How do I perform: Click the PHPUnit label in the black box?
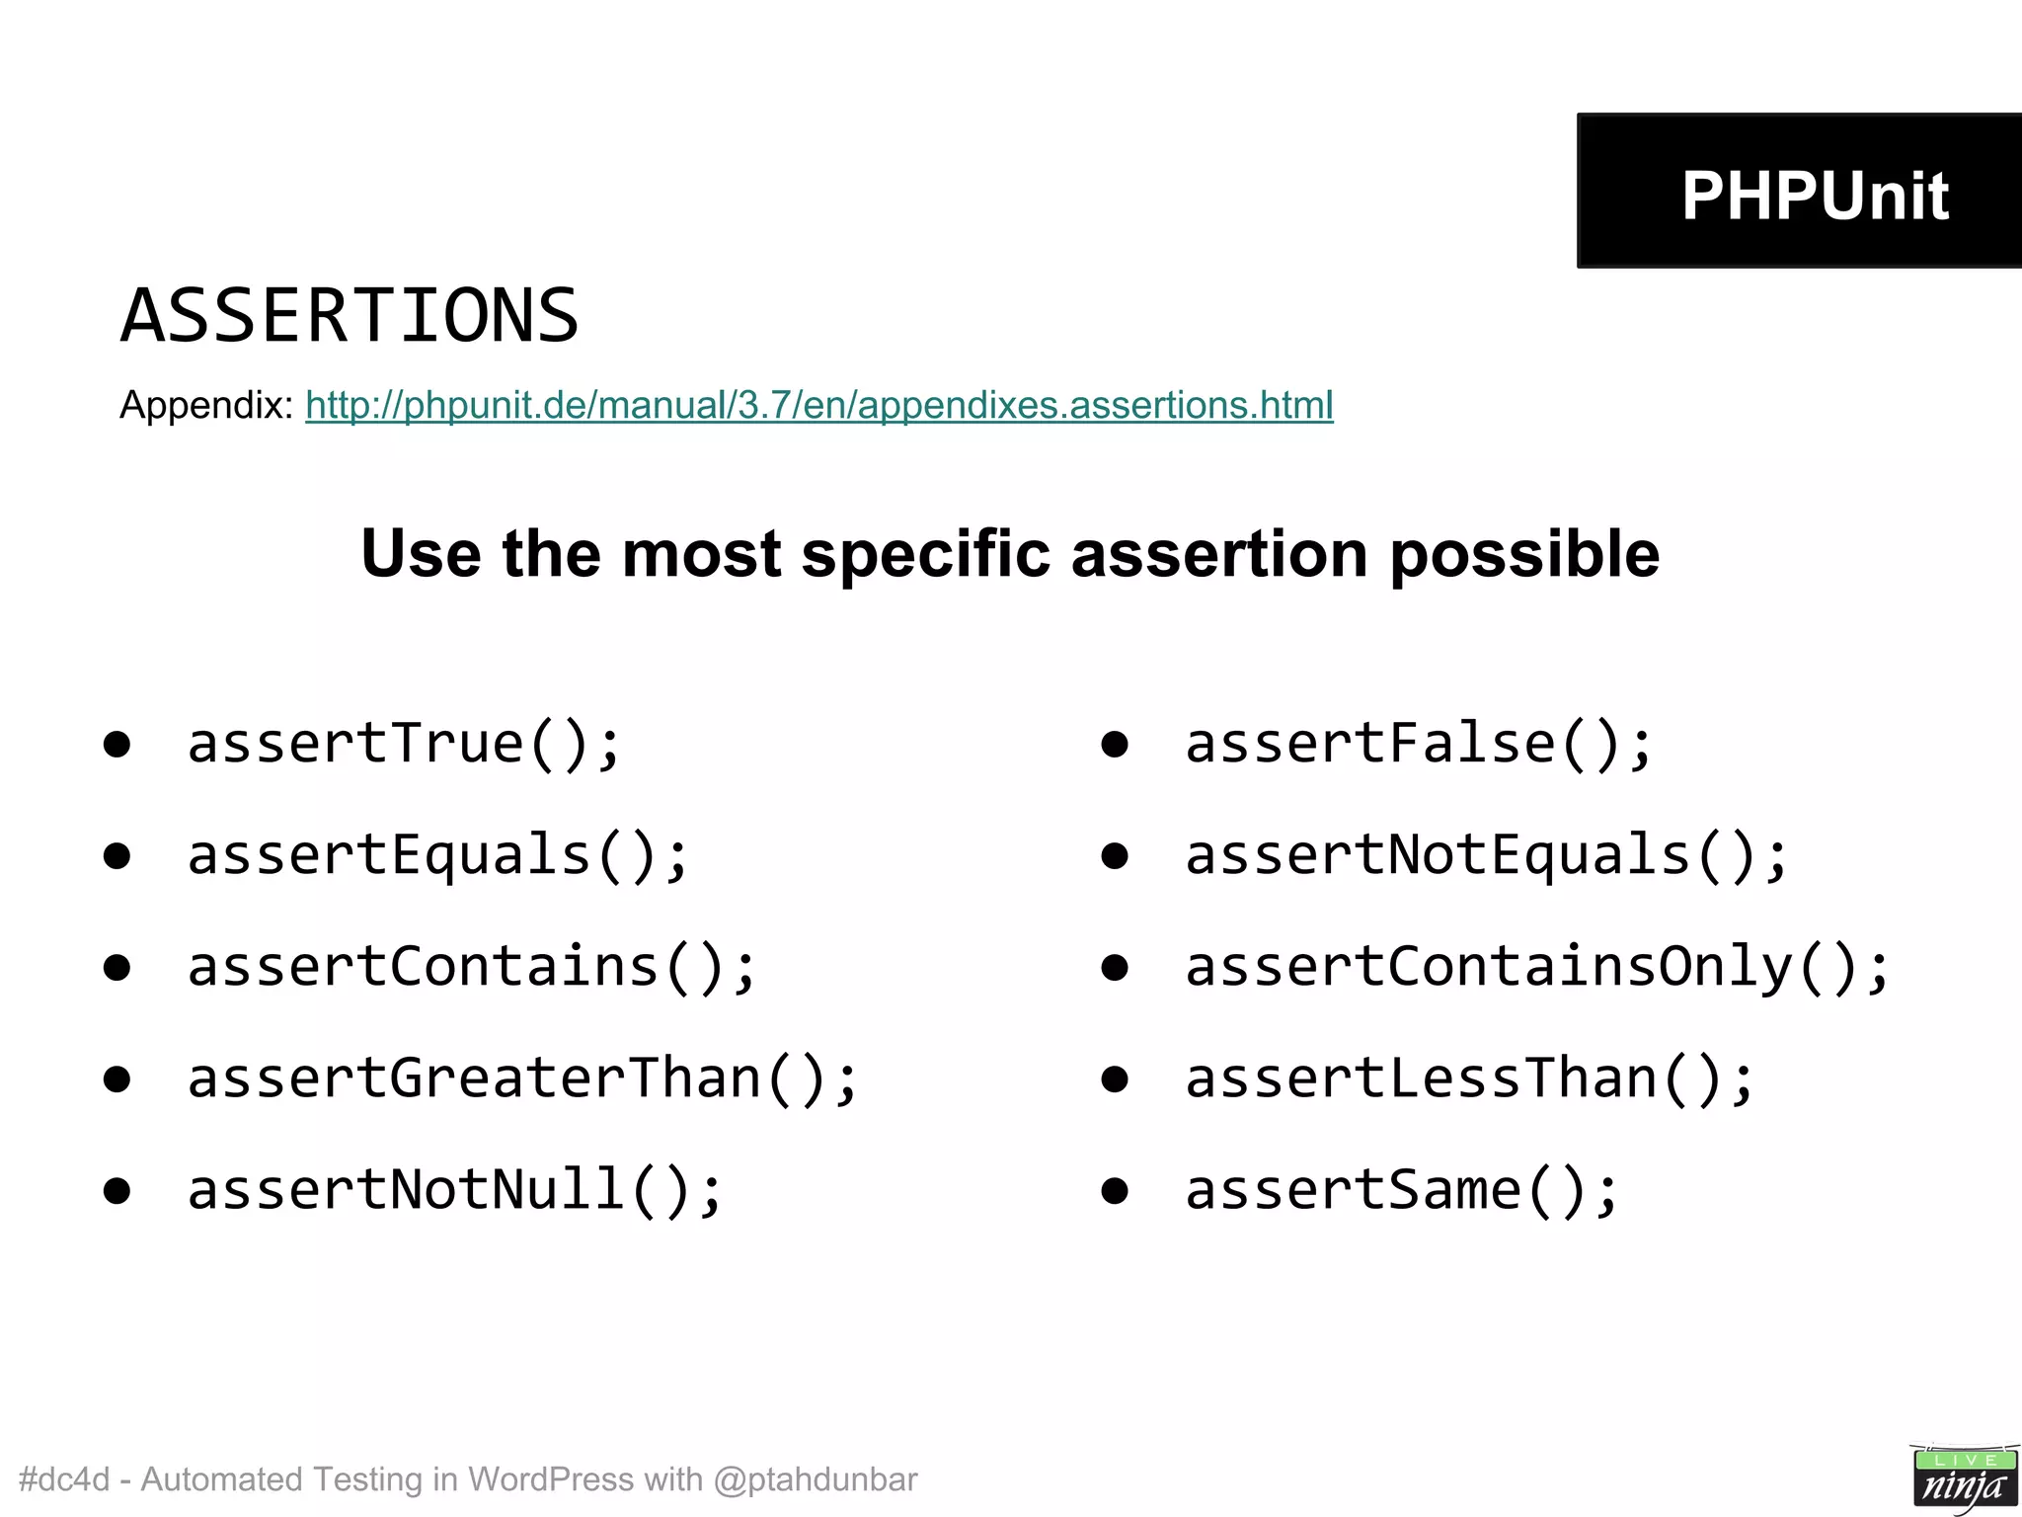1815,195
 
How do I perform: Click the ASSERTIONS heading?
350,316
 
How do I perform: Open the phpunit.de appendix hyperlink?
818,405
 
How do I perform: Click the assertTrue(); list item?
405,743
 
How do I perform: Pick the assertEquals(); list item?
438,854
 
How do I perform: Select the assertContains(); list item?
472,966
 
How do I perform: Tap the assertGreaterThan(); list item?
523,1078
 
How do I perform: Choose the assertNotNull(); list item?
455,1189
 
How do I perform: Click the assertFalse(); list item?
1419,743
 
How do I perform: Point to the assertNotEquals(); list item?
1486,854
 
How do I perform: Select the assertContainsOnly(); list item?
1537,966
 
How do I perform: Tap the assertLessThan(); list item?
1469,1078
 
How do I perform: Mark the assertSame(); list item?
1402,1189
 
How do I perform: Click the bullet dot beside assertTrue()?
117,745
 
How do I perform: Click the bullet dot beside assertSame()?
1115,1191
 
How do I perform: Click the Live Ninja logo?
1963,1477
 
